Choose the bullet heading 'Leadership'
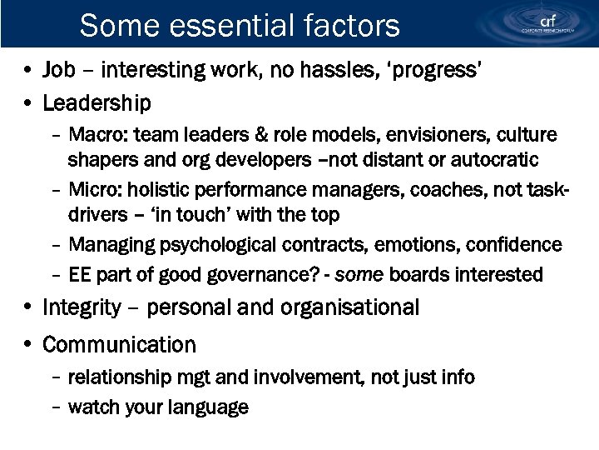(97, 103)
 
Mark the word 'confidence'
(516, 245)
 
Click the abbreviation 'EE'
(80, 274)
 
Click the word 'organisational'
(350, 307)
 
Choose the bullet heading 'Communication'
(119, 344)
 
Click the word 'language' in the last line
(208, 407)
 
